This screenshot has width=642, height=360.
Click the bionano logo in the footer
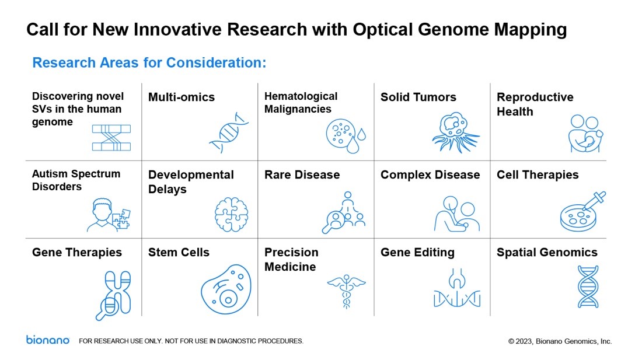[x=48, y=340]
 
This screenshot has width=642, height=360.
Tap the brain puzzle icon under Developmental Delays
[x=231, y=214]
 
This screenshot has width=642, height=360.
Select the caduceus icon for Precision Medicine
[x=346, y=291]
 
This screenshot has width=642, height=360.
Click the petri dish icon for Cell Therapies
[x=582, y=211]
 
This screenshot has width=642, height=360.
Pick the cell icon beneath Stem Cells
[x=226, y=289]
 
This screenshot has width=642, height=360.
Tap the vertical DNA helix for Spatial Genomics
[x=588, y=286]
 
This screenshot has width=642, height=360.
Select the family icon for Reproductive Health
[x=585, y=134]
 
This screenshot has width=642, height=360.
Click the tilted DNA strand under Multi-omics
[x=229, y=132]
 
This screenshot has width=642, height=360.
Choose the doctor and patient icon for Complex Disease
[x=456, y=214]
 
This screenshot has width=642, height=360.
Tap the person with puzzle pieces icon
[x=109, y=215]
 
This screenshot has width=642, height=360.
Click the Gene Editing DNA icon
[x=457, y=288]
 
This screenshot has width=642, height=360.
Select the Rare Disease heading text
[x=302, y=174]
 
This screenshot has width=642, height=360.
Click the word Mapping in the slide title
[x=530, y=30]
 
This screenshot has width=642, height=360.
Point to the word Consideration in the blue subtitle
[x=216, y=62]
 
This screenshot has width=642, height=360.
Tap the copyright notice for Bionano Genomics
[x=560, y=341]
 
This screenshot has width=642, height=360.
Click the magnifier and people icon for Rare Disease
[x=344, y=212]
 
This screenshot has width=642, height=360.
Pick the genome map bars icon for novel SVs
[x=111, y=138]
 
